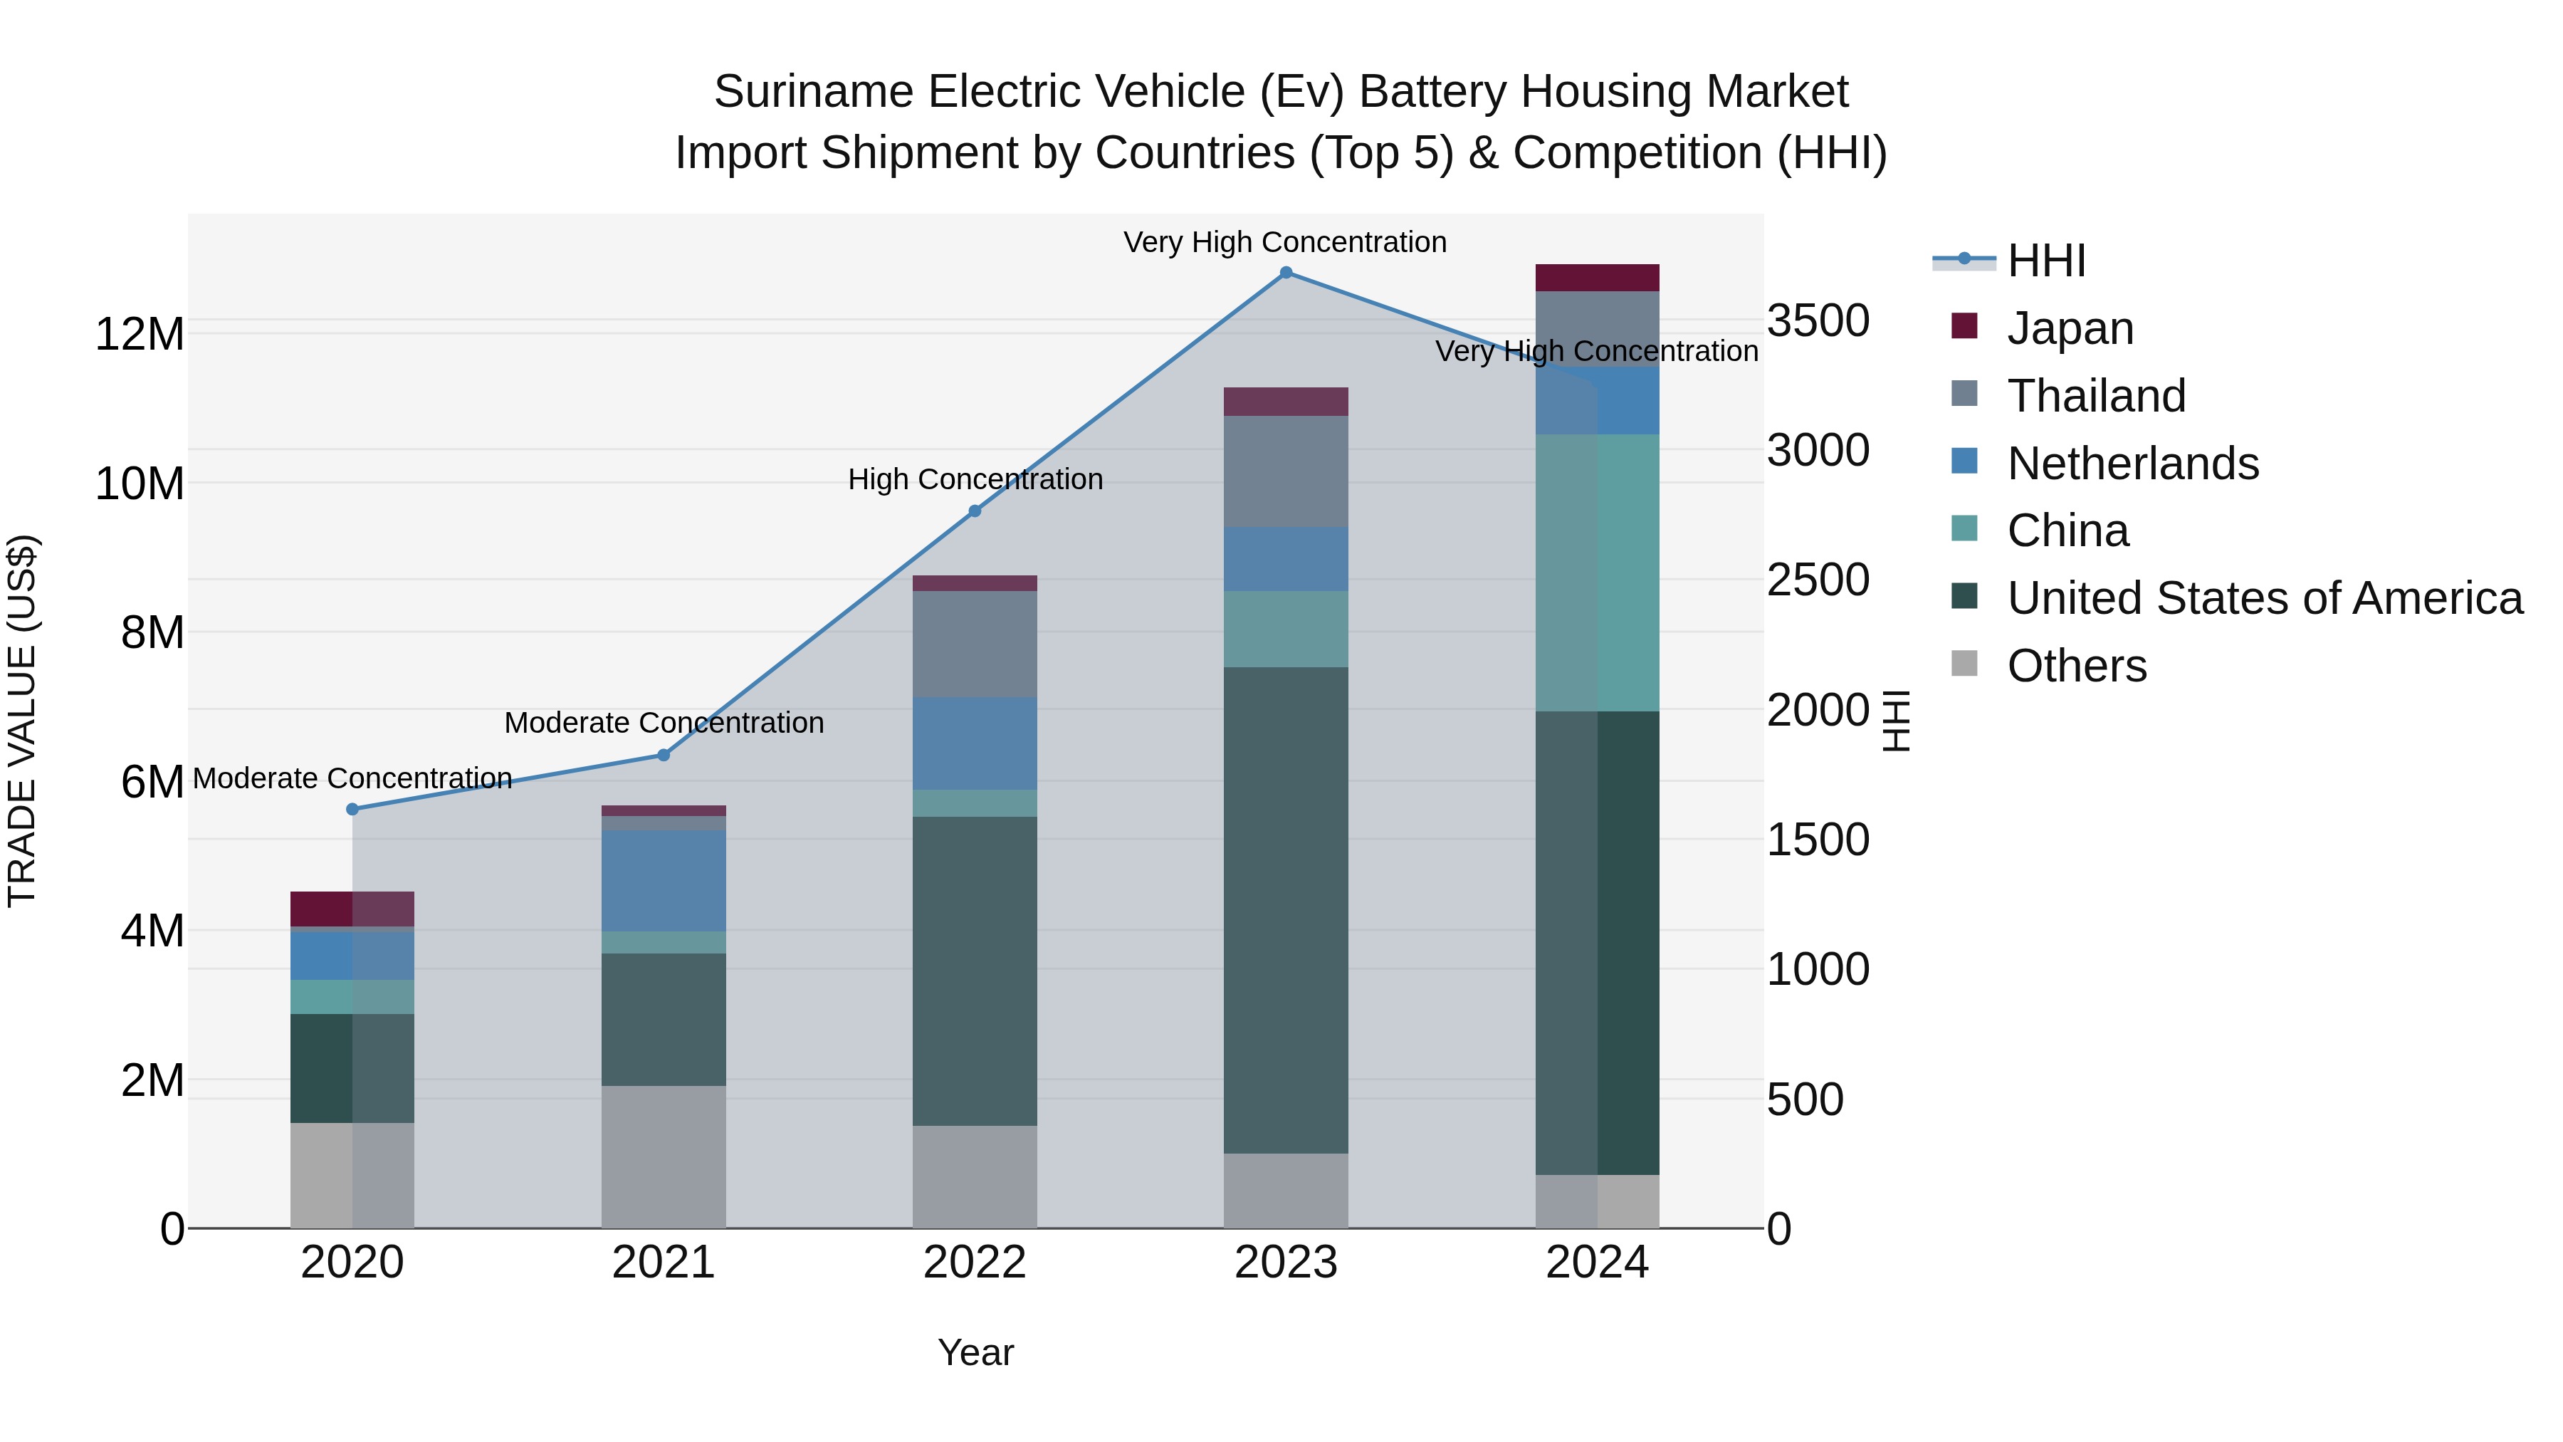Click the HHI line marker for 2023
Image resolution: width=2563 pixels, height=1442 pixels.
click(1286, 273)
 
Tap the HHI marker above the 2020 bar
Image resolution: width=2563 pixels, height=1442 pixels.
click(352, 809)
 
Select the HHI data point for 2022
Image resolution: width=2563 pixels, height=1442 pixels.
click(975, 511)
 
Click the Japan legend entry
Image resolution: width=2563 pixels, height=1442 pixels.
click(2070, 328)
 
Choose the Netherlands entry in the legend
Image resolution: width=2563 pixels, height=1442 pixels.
click(2132, 463)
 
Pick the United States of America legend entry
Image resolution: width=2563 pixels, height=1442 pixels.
click(2263, 598)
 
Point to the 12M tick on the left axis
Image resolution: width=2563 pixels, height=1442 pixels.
click(140, 335)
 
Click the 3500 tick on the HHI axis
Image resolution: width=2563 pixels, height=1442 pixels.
click(1818, 321)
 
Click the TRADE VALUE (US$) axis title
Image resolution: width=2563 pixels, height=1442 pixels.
click(22, 721)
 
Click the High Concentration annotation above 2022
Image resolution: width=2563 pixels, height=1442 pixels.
click(975, 480)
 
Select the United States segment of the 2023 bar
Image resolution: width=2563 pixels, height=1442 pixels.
click(1286, 911)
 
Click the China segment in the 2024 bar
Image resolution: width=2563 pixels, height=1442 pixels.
click(1597, 573)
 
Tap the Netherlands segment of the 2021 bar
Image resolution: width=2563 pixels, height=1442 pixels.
click(664, 881)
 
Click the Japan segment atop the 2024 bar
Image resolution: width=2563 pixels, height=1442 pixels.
click(1597, 278)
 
